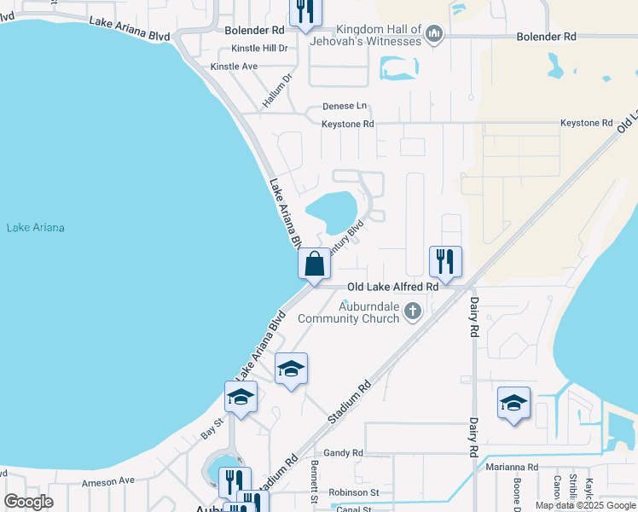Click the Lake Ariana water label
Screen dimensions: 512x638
click(x=36, y=228)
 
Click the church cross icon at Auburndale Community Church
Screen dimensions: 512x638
click(x=413, y=311)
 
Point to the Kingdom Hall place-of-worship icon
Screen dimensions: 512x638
click(x=435, y=34)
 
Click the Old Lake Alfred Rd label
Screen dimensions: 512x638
click(x=391, y=288)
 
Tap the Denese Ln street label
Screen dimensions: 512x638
click(x=345, y=107)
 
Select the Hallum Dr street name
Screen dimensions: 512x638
click(x=277, y=90)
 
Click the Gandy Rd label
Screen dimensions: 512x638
click(x=344, y=453)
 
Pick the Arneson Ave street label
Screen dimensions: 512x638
click(x=108, y=480)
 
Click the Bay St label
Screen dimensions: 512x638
click(x=212, y=428)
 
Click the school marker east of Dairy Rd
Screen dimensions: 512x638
click(x=513, y=403)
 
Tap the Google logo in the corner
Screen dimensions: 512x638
click(x=29, y=502)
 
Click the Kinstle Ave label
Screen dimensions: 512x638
click(x=234, y=66)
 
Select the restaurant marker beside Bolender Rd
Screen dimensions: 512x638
click(x=302, y=11)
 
